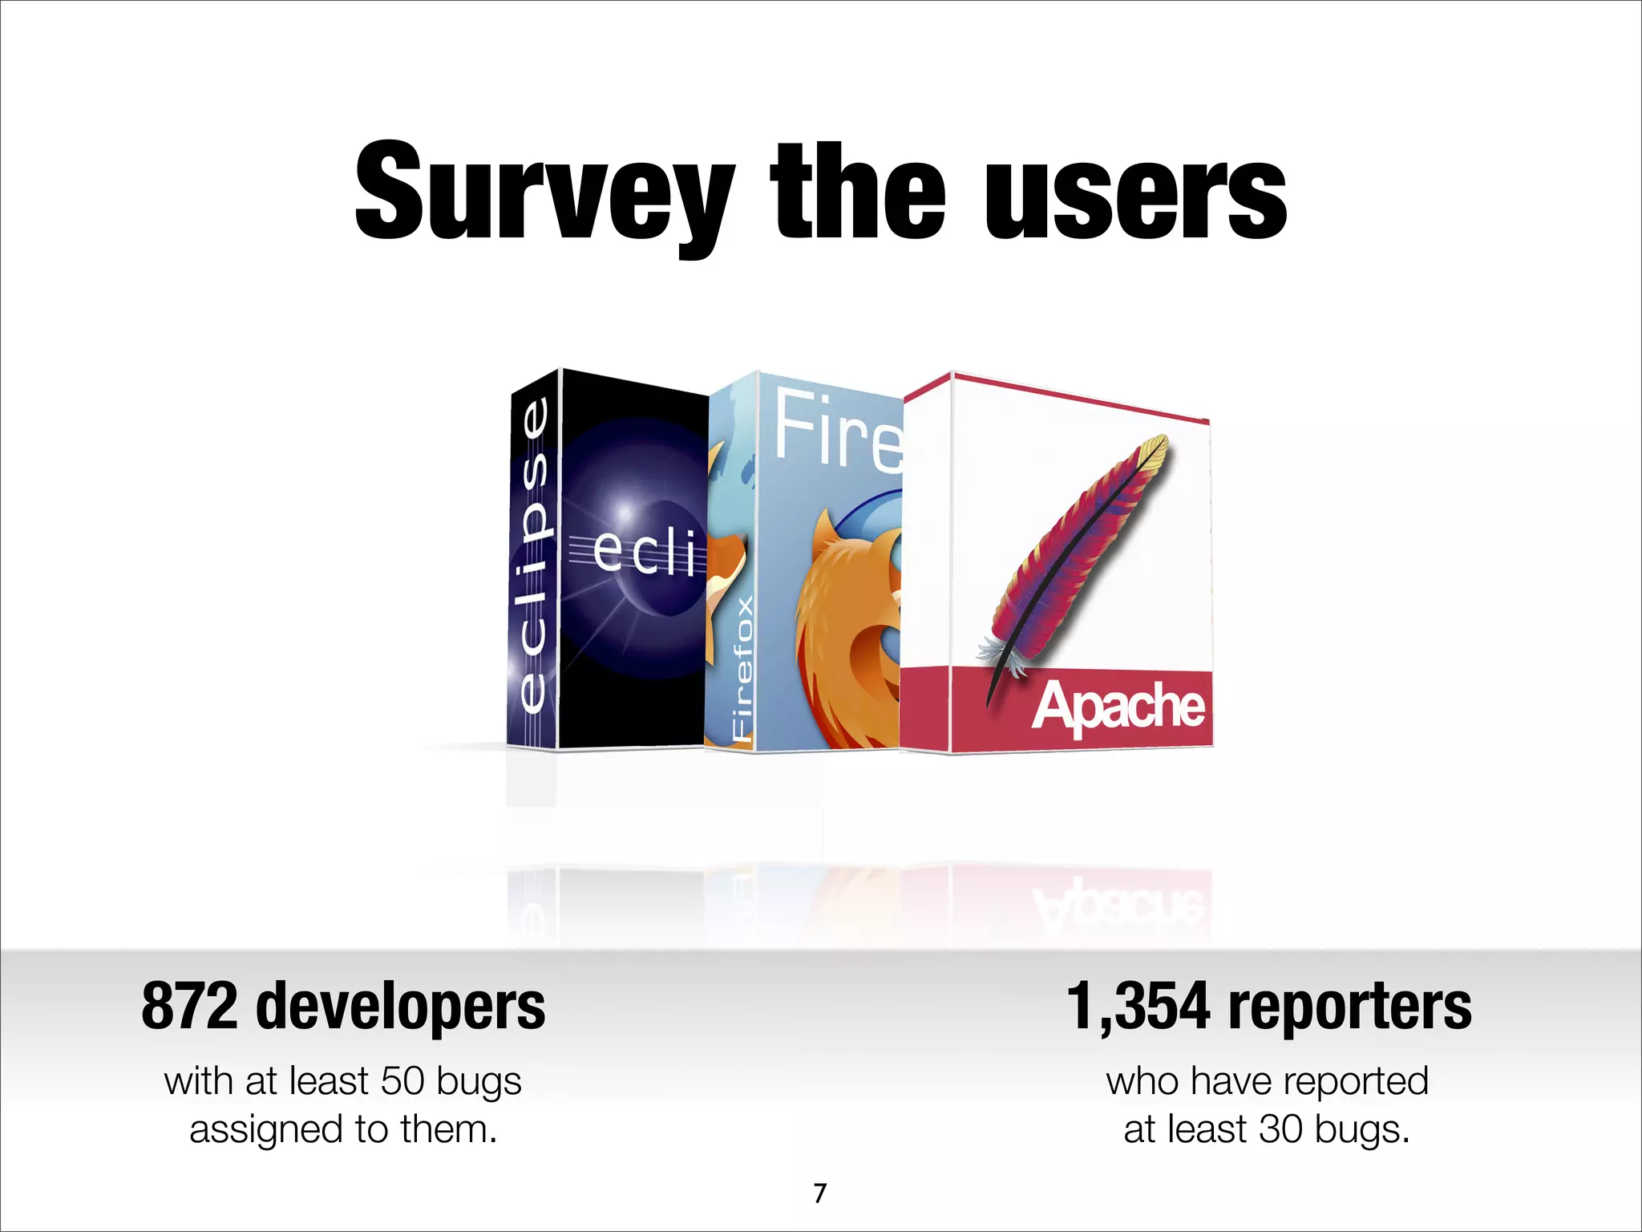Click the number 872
[189, 1007]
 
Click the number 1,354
[1138, 1007]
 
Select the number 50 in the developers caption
[402, 1081]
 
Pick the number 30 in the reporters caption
[1281, 1129]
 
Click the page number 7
[819, 1193]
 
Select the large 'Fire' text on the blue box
[839, 429]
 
